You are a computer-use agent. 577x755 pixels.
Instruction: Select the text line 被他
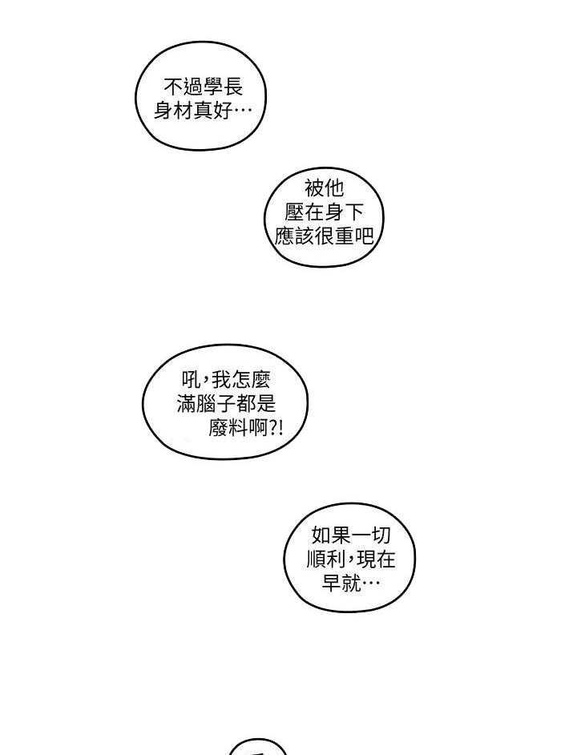(325, 188)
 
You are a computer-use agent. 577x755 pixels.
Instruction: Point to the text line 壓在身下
(325, 212)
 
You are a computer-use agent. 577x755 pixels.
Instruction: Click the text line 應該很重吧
(325, 236)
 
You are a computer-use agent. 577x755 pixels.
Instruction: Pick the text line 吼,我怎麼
(225, 380)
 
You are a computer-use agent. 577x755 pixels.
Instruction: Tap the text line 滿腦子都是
(225, 404)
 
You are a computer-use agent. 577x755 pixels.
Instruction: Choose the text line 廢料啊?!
(244, 428)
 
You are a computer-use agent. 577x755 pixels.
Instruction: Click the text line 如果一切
(350, 535)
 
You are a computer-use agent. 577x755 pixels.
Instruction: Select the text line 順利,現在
(350, 559)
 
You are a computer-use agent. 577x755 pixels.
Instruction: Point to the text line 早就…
(350, 583)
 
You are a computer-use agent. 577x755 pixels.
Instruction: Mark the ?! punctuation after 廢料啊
(276, 428)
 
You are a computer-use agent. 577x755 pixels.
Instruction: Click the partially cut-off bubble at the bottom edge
(257, 748)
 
